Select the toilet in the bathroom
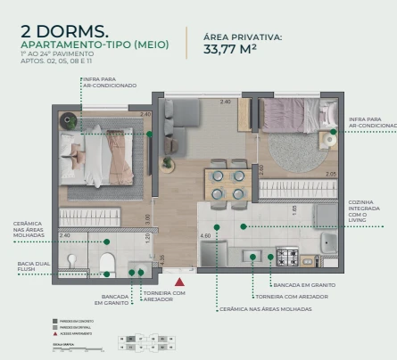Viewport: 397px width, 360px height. coord(108,262)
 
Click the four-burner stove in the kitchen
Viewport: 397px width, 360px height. coord(287,257)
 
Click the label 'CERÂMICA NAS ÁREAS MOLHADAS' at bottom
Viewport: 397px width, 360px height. coord(265,309)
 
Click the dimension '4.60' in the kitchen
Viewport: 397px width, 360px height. coord(206,236)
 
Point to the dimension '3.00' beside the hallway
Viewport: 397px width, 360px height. coord(148,217)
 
